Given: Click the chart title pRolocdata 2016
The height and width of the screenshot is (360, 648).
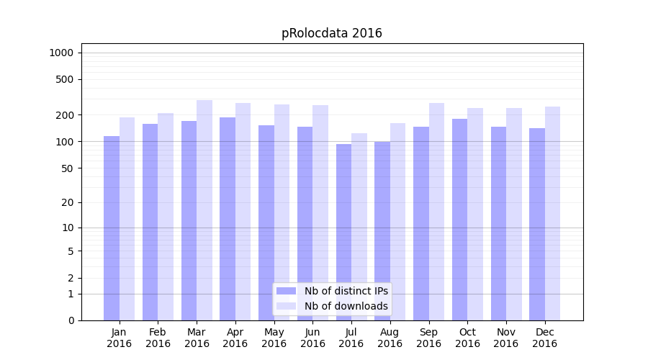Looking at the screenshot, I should (331, 33).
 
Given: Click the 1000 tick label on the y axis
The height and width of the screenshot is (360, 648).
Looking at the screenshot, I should (61, 53).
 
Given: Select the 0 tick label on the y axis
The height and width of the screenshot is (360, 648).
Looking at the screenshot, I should (71, 320).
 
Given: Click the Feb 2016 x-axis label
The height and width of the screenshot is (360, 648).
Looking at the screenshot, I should (158, 338).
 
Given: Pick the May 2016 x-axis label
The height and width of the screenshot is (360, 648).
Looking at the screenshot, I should (274, 338).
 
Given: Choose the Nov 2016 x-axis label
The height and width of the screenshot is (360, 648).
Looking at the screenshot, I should (506, 338).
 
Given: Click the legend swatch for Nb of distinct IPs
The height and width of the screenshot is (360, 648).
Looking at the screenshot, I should (286, 291).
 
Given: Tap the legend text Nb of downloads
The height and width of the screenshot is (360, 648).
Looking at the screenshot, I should (346, 306).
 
